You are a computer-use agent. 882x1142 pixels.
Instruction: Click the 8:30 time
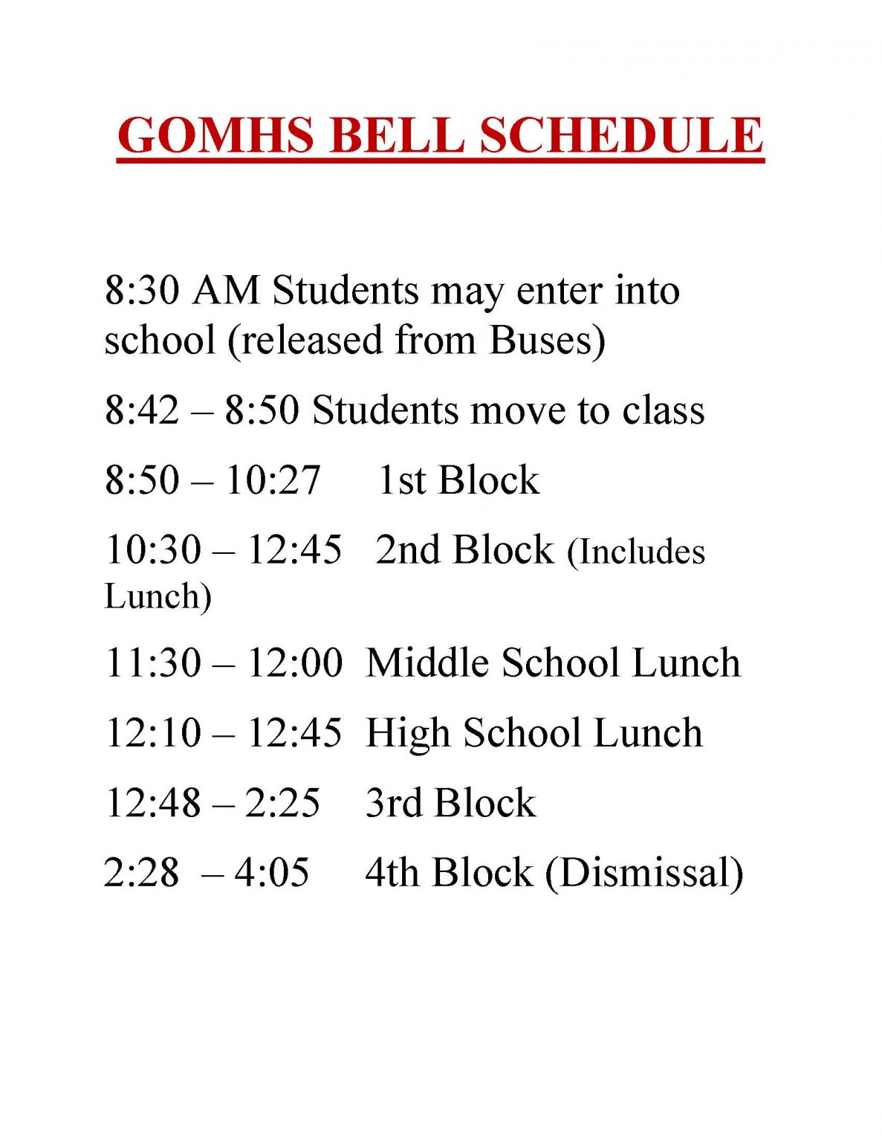pyautogui.click(x=142, y=290)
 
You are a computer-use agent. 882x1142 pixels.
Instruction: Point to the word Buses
pyautogui.click(x=542, y=340)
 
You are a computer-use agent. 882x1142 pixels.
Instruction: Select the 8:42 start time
pyautogui.click(x=142, y=410)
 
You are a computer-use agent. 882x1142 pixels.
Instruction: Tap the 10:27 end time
pyautogui.click(x=273, y=480)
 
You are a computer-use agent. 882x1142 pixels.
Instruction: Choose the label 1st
pyautogui.click(x=401, y=480)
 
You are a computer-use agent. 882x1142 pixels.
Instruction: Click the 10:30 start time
pyautogui.click(x=153, y=549)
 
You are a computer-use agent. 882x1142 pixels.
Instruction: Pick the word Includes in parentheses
pyautogui.click(x=641, y=552)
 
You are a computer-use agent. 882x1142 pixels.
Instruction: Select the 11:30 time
pyautogui.click(x=153, y=662)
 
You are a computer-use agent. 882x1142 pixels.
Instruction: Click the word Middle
pyautogui.click(x=428, y=662)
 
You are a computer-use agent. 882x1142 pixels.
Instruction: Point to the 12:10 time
pyautogui.click(x=153, y=732)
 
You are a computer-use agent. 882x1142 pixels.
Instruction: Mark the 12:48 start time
pyautogui.click(x=153, y=802)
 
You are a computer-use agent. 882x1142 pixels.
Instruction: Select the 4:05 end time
pyautogui.click(x=272, y=872)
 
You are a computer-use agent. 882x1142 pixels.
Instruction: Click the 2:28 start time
pyautogui.click(x=142, y=872)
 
